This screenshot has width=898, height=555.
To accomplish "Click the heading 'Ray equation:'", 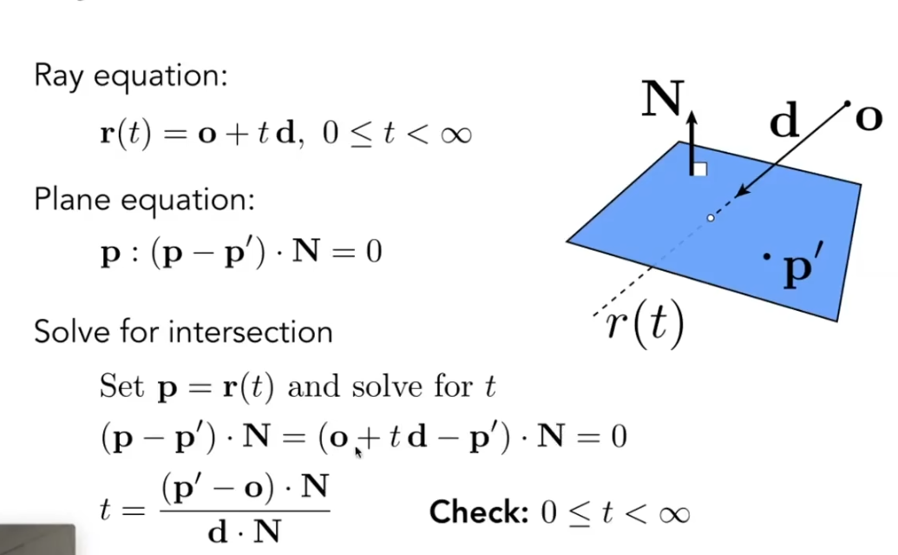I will point(130,76).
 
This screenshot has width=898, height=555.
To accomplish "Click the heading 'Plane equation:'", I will point(144,200).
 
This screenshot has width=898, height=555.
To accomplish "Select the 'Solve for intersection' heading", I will point(183,332).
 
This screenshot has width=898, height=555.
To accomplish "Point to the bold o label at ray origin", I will point(869,118).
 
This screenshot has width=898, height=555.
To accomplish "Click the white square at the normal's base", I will point(699,169).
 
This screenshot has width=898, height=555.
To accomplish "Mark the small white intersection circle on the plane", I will point(711,217).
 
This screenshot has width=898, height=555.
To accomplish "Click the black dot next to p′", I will point(766,256).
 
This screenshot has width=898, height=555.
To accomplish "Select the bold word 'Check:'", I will point(478,512).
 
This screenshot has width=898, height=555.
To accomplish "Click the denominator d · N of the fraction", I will point(243,532).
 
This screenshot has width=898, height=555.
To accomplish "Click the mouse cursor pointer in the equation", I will point(358,451).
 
